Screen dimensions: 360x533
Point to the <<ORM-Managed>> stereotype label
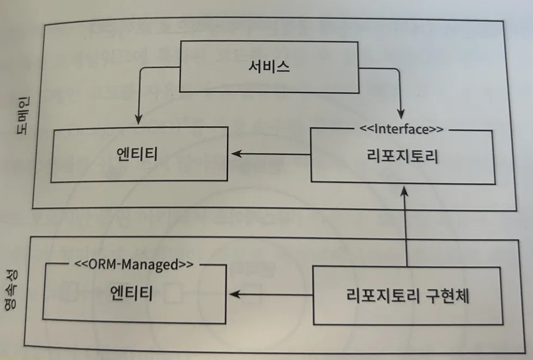click(x=134, y=265)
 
